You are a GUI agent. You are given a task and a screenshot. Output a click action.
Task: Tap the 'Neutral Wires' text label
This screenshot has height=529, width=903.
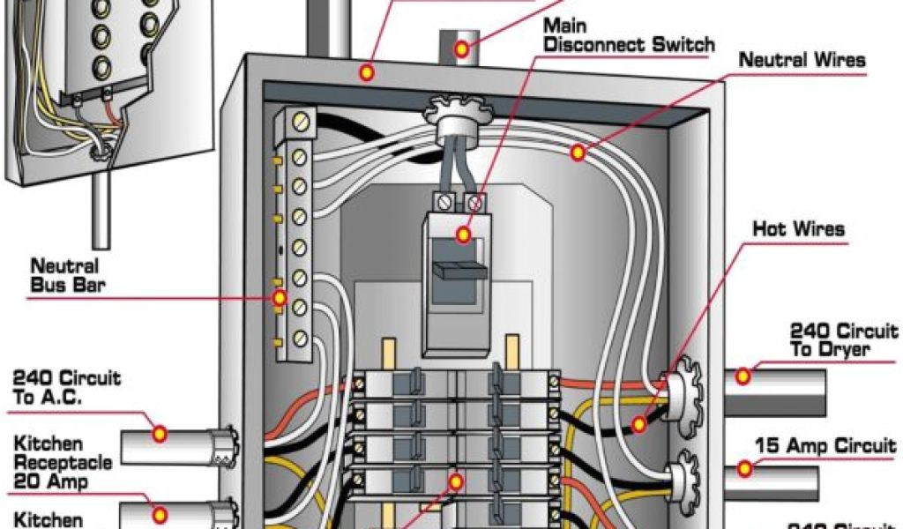pyautogui.click(x=802, y=61)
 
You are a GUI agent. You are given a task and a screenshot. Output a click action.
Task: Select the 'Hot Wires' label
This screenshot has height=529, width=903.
pyautogui.click(x=798, y=230)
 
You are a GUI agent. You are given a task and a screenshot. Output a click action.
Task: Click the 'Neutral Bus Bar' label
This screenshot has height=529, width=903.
pyautogui.click(x=64, y=275)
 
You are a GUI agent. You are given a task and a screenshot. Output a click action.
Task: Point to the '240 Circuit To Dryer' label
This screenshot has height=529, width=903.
pyautogui.click(x=843, y=340)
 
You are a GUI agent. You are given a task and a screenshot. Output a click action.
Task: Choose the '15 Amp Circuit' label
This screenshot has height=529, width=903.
pyautogui.click(x=825, y=447)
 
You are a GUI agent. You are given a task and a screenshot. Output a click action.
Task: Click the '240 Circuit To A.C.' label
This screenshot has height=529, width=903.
pyautogui.click(x=66, y=388)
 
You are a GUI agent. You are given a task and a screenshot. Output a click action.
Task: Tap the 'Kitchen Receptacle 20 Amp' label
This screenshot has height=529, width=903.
pyautogui.click(x=63, y=463)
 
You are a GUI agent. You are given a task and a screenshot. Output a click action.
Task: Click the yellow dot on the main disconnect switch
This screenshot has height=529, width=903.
pyautogui.click(x=462, y=235)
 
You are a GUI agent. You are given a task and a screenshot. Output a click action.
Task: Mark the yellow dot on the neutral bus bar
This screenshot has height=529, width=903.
pyautogui.click(x=280, y=299)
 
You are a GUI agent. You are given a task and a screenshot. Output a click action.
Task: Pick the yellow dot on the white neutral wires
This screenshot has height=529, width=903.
pyautogui.click(x=578, y=153)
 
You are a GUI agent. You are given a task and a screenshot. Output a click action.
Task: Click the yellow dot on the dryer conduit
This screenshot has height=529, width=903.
pyautogui.click(x=743, y=376)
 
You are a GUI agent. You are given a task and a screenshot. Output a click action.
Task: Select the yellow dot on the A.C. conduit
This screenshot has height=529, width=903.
pyautogui.click(x=160, y=433)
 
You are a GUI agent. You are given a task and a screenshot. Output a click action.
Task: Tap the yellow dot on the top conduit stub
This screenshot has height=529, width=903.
pyautogui.click(x=461, y=48)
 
